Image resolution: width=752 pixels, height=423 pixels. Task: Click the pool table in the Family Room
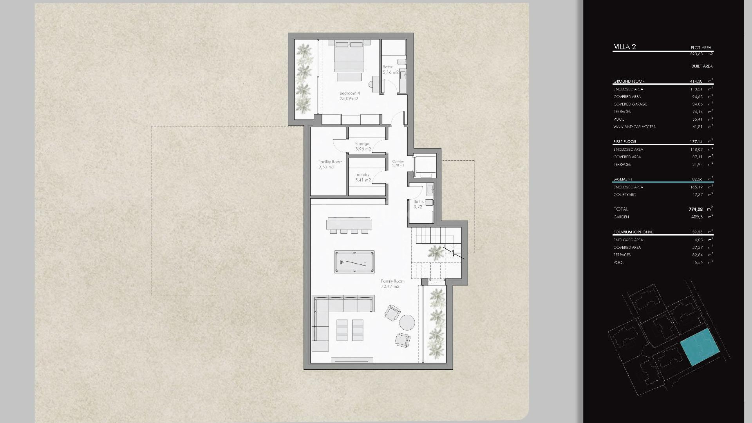coord(354,262)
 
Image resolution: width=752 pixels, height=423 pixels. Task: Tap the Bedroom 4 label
coord(349,96)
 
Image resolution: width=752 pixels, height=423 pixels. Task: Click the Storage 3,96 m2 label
coord(362,146)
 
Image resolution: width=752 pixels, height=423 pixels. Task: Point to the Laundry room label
coord(362,177)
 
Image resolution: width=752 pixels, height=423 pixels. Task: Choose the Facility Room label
coord(330,164)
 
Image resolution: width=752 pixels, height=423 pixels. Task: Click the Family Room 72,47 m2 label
coord(392,284)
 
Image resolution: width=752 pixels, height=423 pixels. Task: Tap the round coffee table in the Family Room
coord(407,323)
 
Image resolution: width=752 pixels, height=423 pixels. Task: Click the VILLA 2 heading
coord(625,47)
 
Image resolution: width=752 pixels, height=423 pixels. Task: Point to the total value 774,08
coord(696,209)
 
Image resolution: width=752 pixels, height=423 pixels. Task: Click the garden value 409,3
coord(697,217)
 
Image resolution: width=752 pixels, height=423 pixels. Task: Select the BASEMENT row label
coord(623,179)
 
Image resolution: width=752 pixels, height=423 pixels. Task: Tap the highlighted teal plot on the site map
coord(700,347)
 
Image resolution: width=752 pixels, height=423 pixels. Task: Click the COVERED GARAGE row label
coord(630,104)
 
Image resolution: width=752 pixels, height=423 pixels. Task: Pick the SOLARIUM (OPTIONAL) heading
coord(633,232)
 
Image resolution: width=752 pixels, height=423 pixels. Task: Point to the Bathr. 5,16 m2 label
coord(390,70)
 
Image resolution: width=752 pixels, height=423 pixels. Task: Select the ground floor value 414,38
coord(696,81)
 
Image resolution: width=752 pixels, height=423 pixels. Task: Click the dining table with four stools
coord(349,225)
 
